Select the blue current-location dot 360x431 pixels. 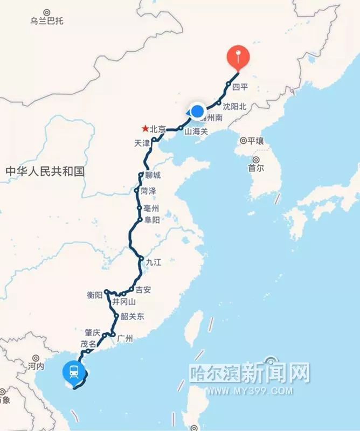coord(197,112)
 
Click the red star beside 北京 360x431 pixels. coord(145,129)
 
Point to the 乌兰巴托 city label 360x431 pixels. coord(47,21)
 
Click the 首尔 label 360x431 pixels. coord(256,168)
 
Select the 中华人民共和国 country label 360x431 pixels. coord(45,171)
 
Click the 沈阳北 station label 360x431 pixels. coord(235,107)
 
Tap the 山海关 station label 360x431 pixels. coord(196,131)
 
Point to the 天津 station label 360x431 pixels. coord(140,143)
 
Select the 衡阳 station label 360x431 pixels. coord(94,295)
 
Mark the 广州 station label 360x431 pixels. coord(124,339)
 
